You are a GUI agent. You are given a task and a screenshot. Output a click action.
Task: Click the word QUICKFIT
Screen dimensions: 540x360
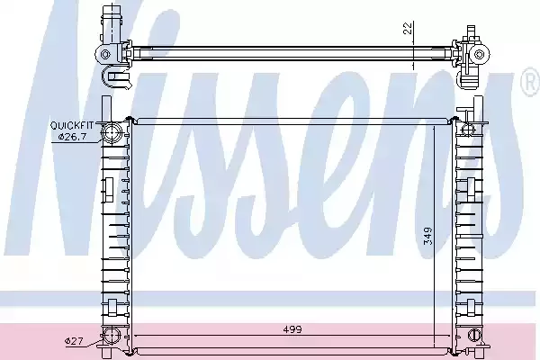pyautogui.click(x=72, y=125)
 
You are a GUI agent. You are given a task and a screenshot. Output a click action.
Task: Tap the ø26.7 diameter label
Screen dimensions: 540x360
pyautogui.click(x=72, y=137)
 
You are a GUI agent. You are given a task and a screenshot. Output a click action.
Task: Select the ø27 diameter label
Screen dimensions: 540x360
pyautogui.click(x=74, y=341)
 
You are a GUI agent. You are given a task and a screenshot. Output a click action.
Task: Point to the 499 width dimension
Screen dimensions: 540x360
pyautogui.click(x=292, y=329)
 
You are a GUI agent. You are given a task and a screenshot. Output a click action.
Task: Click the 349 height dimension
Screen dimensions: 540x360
pyautogui.click(x=427, y=236)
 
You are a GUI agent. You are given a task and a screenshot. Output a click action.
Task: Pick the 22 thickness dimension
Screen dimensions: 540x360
pyautogui.click(x=408, y=28)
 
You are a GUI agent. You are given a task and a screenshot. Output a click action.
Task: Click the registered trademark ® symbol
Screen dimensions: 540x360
pyautogui.click(x=531, y=82)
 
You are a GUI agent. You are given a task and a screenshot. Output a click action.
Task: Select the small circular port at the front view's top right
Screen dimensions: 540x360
pyautogui.click(x=468, y=130)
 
